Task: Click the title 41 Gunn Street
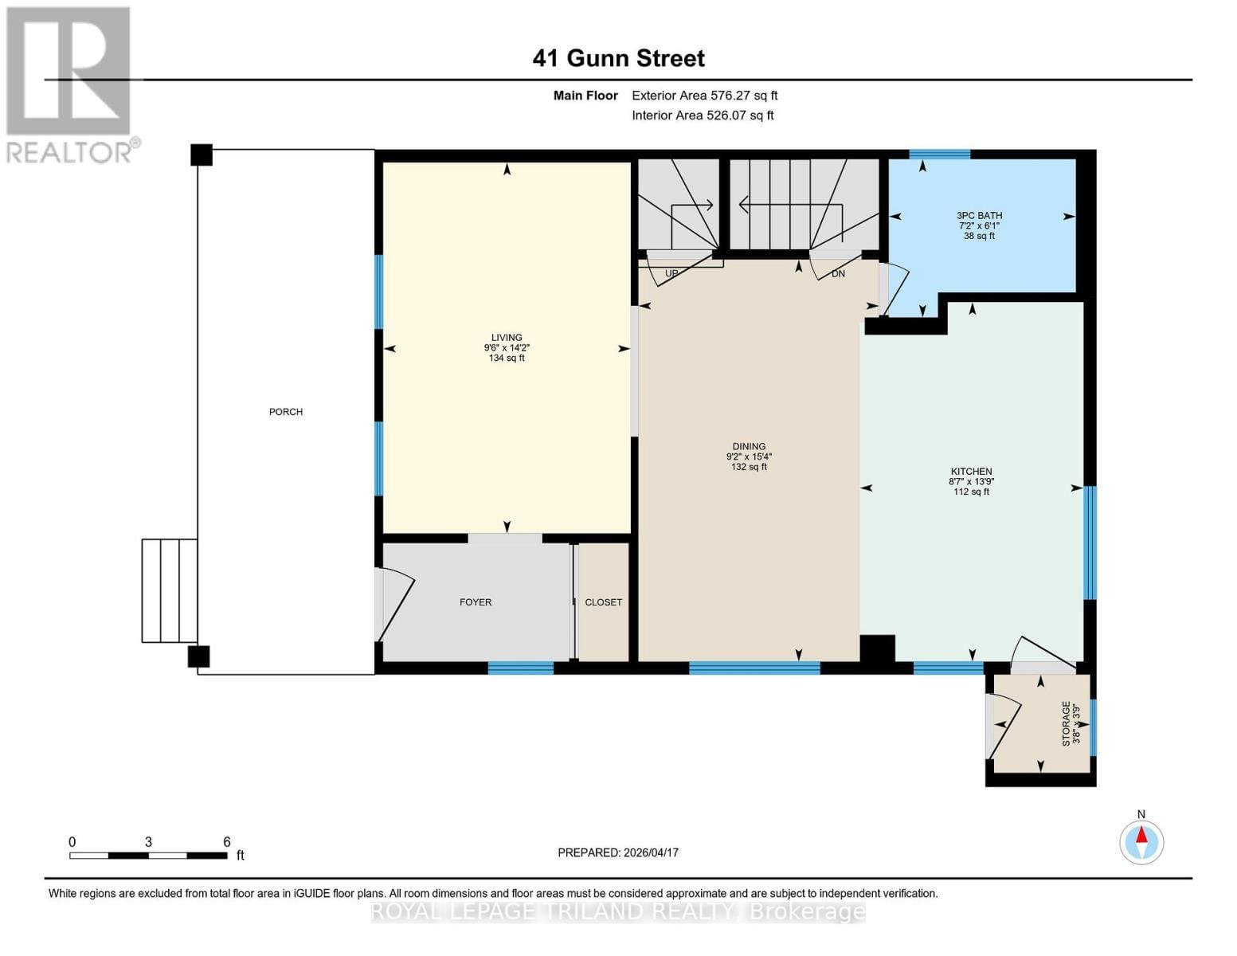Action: click(618, 58)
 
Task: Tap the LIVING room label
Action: click(507, 337)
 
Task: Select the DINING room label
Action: click(749, 446)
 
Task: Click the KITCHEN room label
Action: click(971, 471)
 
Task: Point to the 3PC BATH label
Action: click(979, 215)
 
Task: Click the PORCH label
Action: click(285, 412)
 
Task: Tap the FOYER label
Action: click(476, 602)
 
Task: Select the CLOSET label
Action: click(603, 602)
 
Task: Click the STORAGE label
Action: click(1066, 723)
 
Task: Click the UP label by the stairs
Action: click(671, 273)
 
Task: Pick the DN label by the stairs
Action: click(838, 273)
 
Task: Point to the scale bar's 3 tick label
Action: click(148, 842)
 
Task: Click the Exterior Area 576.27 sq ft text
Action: click(704, 96)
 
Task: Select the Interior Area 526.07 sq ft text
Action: click(703, 116)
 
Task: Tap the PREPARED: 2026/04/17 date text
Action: click(618, 852)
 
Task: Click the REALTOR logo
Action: click(70, 84)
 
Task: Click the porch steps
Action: click(170, 590)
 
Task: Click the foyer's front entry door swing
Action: click(395, 604)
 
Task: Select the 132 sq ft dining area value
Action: click(749, 467)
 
